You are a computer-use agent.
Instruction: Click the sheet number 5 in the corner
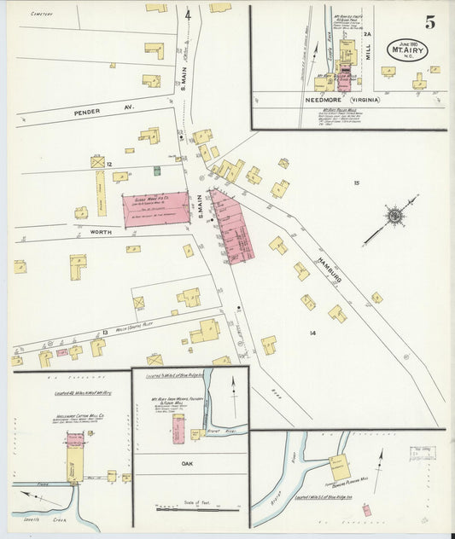431,23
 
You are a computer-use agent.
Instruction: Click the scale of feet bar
190,509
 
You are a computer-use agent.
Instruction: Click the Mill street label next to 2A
369,56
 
